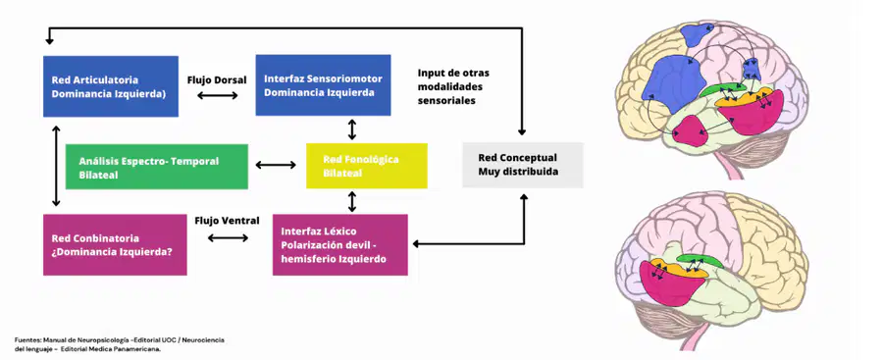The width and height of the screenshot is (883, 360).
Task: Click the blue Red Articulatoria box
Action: point(111,86)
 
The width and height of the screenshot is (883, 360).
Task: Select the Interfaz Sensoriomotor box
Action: point(323,85)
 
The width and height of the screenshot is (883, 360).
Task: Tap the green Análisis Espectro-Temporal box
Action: point(157,166)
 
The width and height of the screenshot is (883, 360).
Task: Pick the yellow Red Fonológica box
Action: point(367,166)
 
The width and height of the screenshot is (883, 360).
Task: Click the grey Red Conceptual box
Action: point(523,165)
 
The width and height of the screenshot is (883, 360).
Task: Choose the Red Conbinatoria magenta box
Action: point(115,244)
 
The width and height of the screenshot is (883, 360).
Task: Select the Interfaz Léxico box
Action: point(340,244)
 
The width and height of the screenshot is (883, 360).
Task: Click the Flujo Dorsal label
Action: point(217,80)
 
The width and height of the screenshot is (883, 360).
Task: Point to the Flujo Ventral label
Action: point(227,221)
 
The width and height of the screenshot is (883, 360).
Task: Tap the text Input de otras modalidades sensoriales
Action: point(453,86)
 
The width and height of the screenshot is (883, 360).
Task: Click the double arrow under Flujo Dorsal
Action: point(218,96)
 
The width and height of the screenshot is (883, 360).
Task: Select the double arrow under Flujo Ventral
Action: point(228,237)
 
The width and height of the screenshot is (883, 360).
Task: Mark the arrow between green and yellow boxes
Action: point(276,165)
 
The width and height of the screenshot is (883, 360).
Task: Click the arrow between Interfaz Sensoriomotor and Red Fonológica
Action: point(352,129)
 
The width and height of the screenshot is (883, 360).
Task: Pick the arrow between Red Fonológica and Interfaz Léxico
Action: point(352,201)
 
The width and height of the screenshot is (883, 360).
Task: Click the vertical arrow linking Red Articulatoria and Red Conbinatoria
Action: point(56,166)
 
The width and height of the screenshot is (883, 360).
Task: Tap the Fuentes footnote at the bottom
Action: point(120,344)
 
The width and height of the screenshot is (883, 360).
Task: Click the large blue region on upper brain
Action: point(668,85)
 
